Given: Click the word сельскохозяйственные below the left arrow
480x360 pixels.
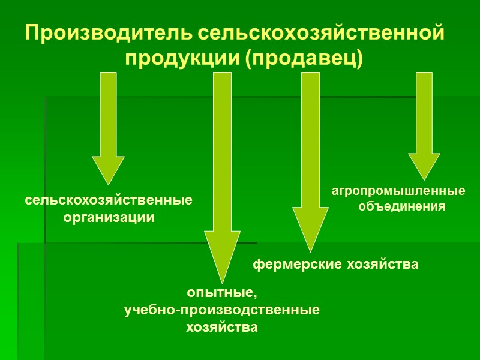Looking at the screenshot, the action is click(109, 200).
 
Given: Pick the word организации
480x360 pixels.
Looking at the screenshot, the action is click(109, 218).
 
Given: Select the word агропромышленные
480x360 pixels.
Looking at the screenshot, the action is click(398, 191).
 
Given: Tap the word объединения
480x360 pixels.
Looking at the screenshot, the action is click(402, 206).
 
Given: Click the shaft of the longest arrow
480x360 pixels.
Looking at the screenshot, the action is click(222, 150).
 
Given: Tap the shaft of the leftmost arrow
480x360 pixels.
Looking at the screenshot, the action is click(109, 114).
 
